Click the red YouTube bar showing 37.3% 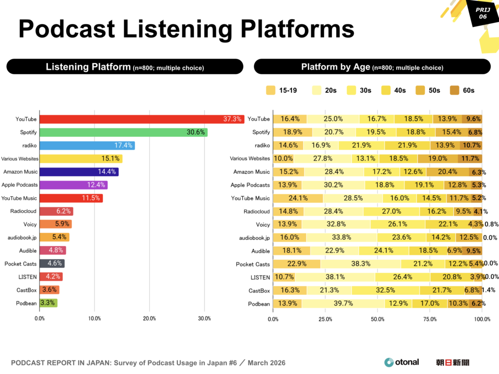click(141, 119)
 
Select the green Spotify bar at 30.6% click(123, 132)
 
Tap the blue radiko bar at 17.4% click(87, 145)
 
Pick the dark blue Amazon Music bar click(78, 172)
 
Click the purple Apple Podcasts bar click(73, 185)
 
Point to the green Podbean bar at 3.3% click(48, 303)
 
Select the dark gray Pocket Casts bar click(52, 264)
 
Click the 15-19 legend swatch click(270, 90)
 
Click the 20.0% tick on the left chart click(150, 319)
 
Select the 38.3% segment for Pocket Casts click(360, 264)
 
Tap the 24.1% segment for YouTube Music click(298, 198)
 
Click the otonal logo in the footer click(402, 362)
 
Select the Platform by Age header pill click(372, 67)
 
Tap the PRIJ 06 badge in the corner click(482, 14)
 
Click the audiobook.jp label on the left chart click(23, 237)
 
